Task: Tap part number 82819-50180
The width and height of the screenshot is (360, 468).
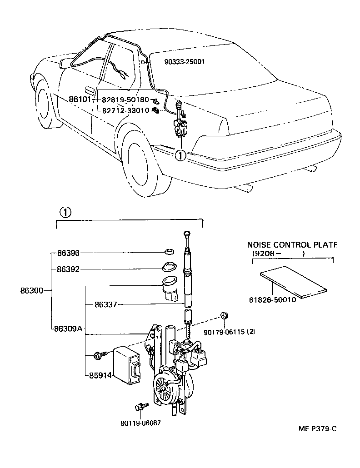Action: (125, 99)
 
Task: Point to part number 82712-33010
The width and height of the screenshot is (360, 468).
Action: (125, 110)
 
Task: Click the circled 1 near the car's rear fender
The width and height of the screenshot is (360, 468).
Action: (180, 155)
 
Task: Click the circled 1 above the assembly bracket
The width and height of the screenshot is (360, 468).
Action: (65, 212)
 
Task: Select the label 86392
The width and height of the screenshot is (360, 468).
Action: (68, 269)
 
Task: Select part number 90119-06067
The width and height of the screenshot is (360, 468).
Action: (141, 422)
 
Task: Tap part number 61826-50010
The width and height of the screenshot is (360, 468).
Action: (272, 300)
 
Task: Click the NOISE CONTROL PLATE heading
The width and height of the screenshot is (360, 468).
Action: (292, 244)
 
